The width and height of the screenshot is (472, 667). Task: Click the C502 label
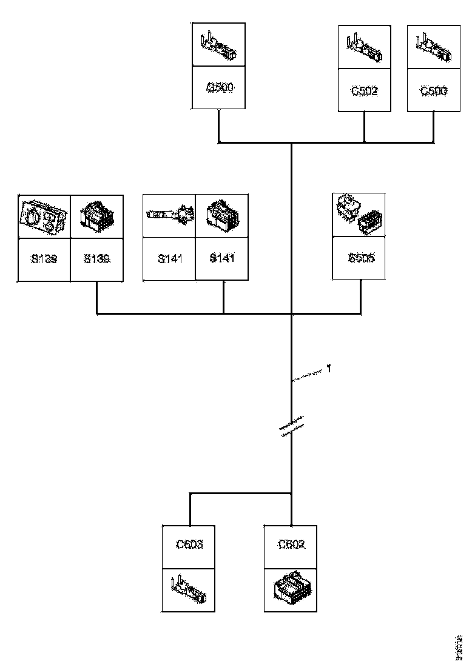pyautogui.click(x=365, y=91)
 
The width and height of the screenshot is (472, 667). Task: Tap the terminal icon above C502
pyautogui.click(x=365, y=49)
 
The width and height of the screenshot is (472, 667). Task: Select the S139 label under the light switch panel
pyautogui.click(x=44, y=259)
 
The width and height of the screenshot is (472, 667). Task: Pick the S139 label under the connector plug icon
pyautogui.click(x=96, y=259)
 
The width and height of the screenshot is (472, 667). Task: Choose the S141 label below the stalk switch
pyautogui.click(x=169, y=259)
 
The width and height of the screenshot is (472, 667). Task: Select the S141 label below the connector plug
pyautogui.click(x=221, y=259)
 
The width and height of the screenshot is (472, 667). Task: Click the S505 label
pyautogui.click(x=361, y=258)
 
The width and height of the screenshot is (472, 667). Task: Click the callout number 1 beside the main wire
pyautogui.click(x=328, y=368)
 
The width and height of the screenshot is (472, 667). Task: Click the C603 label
pyautogui.click(x=189, y=545)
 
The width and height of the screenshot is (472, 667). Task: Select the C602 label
pyautogui.click(x=292, y=545)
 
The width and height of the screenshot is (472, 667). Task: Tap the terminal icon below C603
pyautogui.click(x=189, y=588)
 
